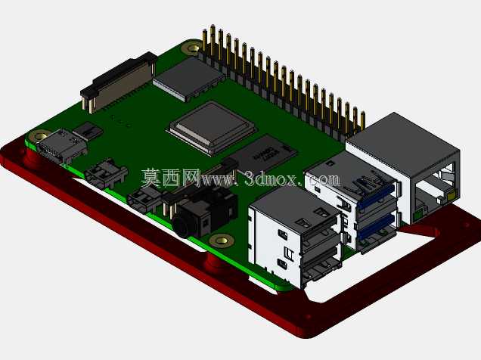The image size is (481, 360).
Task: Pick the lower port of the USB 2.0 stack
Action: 321,264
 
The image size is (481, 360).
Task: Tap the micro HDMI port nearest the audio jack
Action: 144,200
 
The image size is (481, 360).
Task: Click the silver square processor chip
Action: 213,127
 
